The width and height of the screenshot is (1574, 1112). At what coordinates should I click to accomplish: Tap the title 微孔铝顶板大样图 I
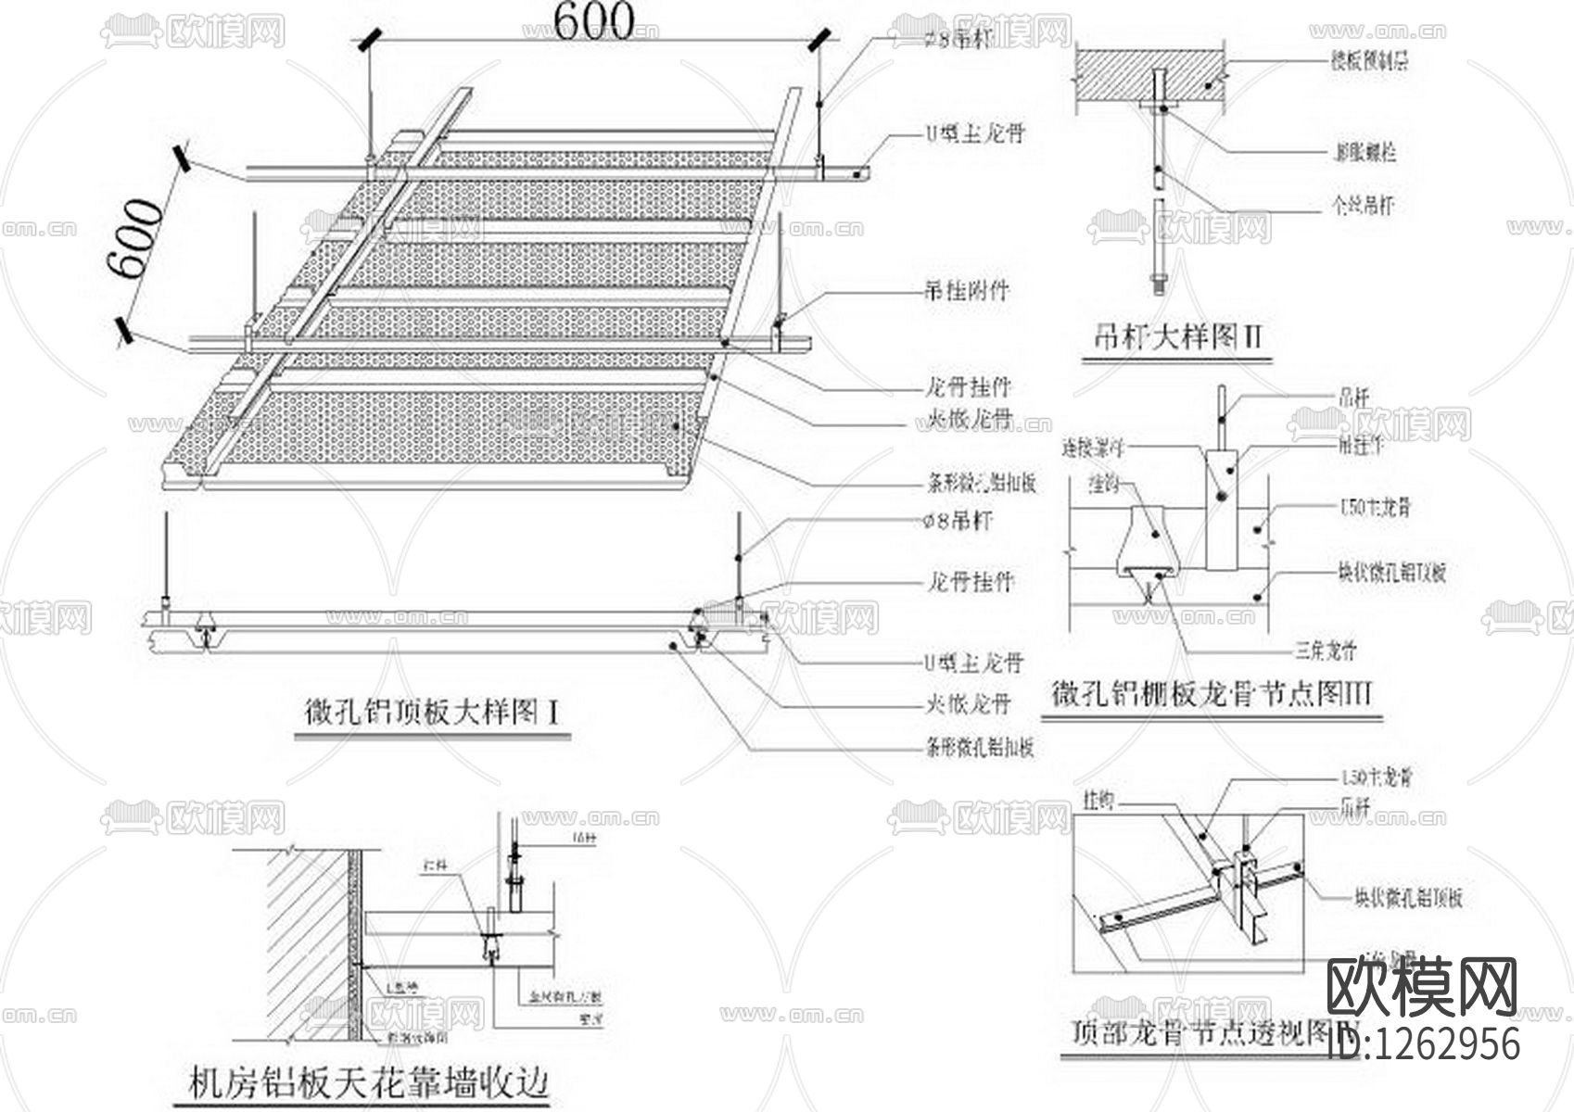pos(432,714)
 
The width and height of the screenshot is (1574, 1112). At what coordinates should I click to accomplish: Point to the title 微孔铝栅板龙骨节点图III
pos(1212,694)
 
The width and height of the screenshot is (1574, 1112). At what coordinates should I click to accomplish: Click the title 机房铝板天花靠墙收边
pos(369,1082)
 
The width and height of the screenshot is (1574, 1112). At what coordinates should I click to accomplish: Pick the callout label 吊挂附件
pos(966,291)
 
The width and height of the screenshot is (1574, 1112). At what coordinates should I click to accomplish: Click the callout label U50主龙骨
pos(1376,507)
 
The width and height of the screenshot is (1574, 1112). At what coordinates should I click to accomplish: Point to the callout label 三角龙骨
pos(1326,651)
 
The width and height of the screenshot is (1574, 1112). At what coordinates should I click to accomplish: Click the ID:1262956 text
pos(1424,1043)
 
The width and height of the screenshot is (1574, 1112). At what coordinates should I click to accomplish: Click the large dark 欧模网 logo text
pos(1421,988)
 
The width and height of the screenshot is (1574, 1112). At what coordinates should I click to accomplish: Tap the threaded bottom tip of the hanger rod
pos(1159,282)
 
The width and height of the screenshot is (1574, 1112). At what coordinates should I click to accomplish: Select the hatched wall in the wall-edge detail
pos(306,936)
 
